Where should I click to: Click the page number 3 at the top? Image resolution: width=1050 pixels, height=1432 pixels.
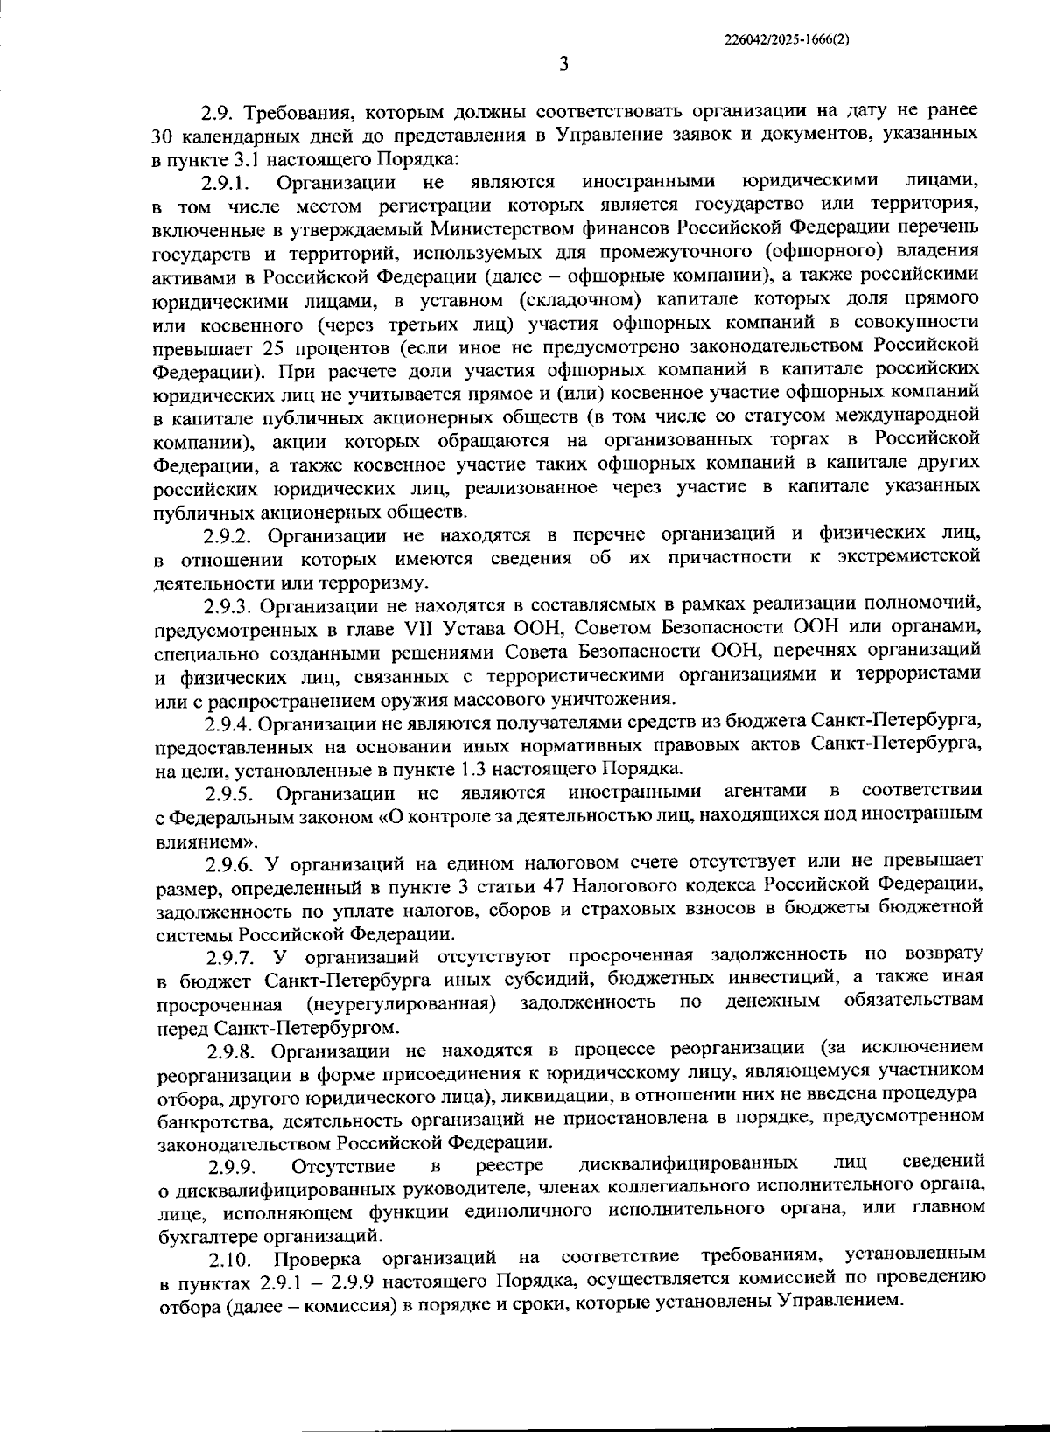click(564, 65)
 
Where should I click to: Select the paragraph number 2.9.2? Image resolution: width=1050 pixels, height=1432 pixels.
click(229, 534)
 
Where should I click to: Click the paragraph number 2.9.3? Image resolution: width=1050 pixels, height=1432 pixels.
click(229, 606)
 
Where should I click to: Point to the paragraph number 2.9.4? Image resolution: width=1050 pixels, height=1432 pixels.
click(229, 723)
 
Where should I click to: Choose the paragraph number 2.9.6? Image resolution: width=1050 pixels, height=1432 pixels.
click(231, 865)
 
